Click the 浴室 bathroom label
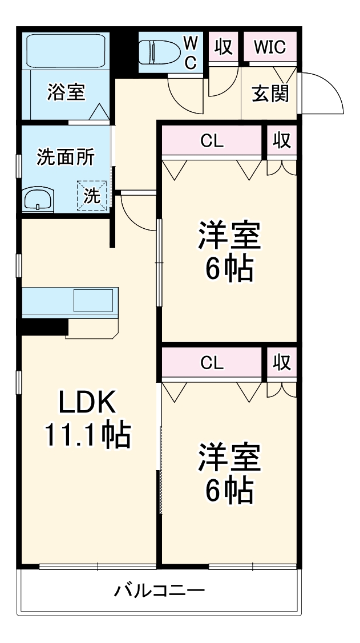[x=66, y=92]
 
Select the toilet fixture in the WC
[x=160, y=51]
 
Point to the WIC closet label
[x=270, y=47]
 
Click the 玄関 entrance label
[x=270, y=92]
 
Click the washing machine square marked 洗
[x=92, y=195]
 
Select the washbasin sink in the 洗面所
[x=38, y=200]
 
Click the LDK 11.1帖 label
[x=88, y=419]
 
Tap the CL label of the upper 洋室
[x=212, y=141]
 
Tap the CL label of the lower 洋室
[x=212, y=362]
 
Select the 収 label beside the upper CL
[x=281, y=140]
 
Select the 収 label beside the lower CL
[x=281, y=362]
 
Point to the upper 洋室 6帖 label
[x=229, y=252]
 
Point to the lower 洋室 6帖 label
[x=229, y=473]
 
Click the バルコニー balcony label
[x=159, y=590]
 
